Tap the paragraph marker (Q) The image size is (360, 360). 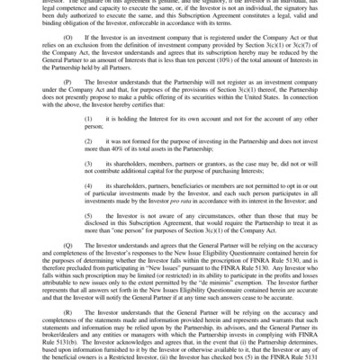point(67,241)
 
